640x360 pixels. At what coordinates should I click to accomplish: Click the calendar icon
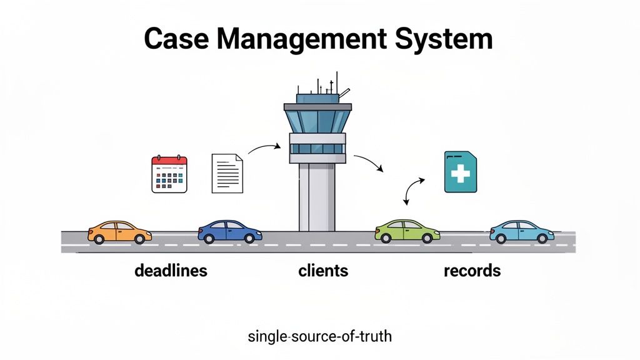tap(170, 174)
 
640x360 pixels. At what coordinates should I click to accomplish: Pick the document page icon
tap(227, 173)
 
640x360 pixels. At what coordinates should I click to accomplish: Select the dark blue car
tap(229, 231)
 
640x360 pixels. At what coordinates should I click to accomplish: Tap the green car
tap(407, 231)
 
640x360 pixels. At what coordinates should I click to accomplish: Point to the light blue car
tap(521, 231)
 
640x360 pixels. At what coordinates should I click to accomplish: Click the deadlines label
tap(171, 271)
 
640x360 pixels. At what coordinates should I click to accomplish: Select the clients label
tap(323, 271)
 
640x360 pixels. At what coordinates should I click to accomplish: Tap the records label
tap(472, 271)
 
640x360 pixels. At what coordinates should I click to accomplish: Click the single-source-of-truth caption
tap(320, 336)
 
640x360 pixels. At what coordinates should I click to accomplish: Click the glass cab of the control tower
tap(317, 120)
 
